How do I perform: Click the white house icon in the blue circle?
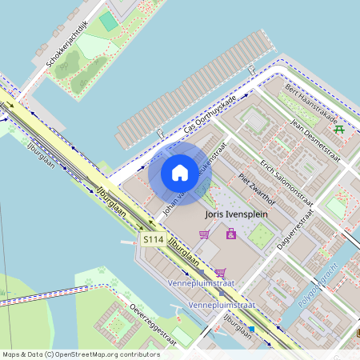pyautogui.click(x=179, y=173)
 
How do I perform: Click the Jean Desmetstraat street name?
pyautogui.click(x=315, y=142)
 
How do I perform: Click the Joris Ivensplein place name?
pyautogui.click(x=236, y=214)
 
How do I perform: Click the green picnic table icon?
pyautogui.click(x=340, y=129)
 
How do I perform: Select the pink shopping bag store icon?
pyautogui.click(x=231, y=234)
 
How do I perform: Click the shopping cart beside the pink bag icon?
pyautogui.click(x=205, y=234)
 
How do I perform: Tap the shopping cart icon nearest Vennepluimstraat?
pyautogui.click(x=220, y=273)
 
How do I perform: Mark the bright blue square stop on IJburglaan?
pyautogui.click(x=251, y=328)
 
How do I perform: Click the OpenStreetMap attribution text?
pyautogui.click(x=80, y=354)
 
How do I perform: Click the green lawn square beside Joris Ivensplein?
pyautogui.click(x=260, y=234)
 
